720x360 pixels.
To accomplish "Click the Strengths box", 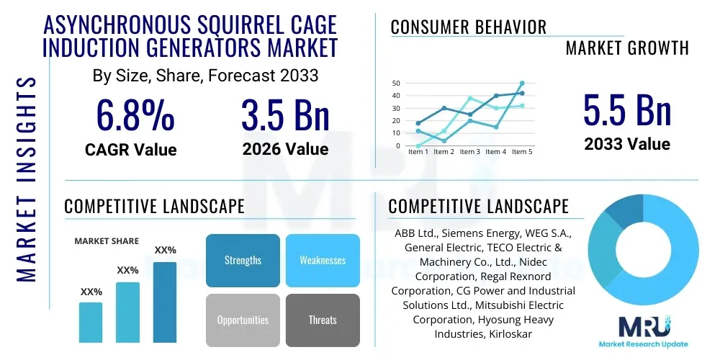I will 243,260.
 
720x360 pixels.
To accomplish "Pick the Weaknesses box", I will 323,260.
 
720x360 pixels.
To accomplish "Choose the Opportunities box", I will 243,320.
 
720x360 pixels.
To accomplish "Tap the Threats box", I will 323,320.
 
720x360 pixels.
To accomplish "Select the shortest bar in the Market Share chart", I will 91,322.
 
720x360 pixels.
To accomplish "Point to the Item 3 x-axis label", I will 469,152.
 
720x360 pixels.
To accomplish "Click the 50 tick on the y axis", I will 395,84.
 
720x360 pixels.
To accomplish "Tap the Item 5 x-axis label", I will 521,152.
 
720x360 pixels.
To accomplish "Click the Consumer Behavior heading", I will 468,27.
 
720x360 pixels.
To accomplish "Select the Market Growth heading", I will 627,48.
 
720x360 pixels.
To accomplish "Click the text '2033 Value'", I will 627,144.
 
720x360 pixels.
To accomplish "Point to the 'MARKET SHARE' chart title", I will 107,241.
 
